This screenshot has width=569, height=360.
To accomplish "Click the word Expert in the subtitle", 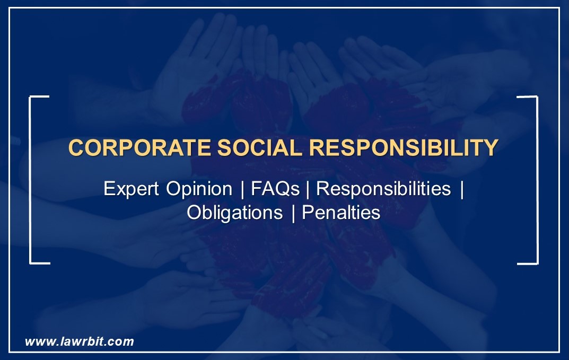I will (132, 189).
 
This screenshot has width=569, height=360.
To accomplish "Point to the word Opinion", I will (199, 189).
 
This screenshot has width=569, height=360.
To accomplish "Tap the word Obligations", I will (234, 213).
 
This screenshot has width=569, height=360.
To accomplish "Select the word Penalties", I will (340, 213).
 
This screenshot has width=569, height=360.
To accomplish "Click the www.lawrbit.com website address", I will (80, 341).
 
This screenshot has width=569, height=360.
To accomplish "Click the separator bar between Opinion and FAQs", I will (242, 189).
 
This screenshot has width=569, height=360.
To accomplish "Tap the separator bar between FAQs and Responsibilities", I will (308, 189).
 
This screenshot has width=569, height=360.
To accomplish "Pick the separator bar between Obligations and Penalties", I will (293, 213).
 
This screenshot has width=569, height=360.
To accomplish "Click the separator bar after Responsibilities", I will (462, 189).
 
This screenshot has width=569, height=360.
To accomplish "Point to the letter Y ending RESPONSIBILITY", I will (491, 148).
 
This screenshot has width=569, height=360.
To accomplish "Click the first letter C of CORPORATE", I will (76, 148).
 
